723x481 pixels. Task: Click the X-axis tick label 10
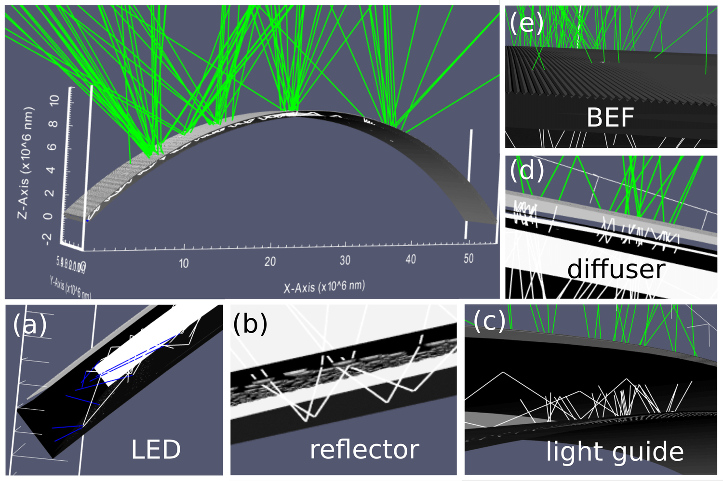click(x=184, y=263)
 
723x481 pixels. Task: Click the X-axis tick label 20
click(x=270, y=261)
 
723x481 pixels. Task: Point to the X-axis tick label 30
click(x=345, y=260)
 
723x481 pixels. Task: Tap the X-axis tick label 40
click(x=411, y=260)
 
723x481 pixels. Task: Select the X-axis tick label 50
click(x=469, y=259)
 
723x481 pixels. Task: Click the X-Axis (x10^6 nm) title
click(x=324, y=287)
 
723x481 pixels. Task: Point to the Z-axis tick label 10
click(x=54, y=100)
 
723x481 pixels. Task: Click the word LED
click(x=156, y=450)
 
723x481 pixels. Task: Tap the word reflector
click(x=364, y=450)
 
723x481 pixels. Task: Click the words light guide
click(x=615, y=452)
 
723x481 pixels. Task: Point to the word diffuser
click(x=616, y=269)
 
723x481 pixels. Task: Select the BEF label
click(x=610, y=117)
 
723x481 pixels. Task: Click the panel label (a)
click(x=30, y=325)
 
